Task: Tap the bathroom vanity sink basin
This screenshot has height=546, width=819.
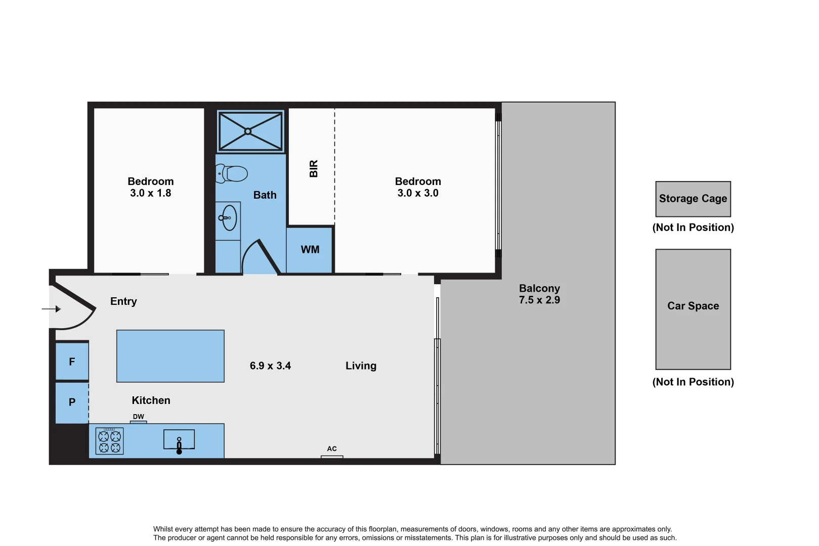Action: (x=229, y=218)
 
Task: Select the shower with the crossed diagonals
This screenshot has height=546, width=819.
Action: (x=250, y=131)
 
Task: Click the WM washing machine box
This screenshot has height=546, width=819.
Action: (x=310, y=250)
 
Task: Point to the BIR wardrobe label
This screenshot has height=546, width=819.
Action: (x=314, y=168)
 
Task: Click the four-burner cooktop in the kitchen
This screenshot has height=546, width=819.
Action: (x=109, y=441)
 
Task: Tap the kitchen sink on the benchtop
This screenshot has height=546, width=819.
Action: (x=179, y=440)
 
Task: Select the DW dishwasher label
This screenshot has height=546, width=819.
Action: (x=138, y=417)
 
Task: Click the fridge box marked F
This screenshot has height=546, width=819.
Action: (x=72, y=361)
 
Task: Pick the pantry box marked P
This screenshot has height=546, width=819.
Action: (x=72, y=402)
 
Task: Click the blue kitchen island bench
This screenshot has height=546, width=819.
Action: (x=170, y=356)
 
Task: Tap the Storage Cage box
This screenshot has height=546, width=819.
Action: (x=693, y=199)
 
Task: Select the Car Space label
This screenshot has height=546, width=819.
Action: (x=693, y=306)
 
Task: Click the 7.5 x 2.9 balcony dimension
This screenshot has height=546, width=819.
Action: (x=539, y=300)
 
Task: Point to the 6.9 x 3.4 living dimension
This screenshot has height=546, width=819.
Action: (x=270, y=366)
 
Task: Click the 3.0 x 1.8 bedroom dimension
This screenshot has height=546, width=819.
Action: (x=150, y=193)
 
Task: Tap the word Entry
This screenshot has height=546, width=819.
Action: (x=123, y=301)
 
